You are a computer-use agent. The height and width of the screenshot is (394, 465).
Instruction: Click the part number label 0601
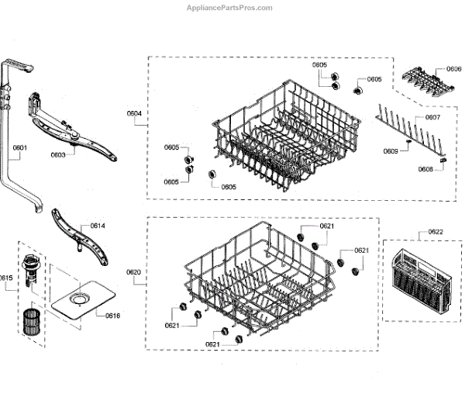coord(20,147)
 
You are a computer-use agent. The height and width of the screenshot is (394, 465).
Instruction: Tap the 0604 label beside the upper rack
coord(134,114)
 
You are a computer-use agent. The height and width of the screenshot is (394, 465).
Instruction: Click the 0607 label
coord(432,118)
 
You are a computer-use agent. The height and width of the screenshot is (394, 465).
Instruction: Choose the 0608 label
coord(425,169)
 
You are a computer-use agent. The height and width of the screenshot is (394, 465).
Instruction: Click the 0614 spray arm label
coord(98,226)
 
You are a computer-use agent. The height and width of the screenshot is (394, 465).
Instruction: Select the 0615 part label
coord(6,278)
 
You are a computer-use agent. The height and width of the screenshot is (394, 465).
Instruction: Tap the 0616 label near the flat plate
coord(113,316)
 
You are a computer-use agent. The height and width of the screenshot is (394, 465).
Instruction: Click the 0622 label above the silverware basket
coord(436,231)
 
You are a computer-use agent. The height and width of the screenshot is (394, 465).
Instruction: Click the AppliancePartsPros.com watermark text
coord(230,8)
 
